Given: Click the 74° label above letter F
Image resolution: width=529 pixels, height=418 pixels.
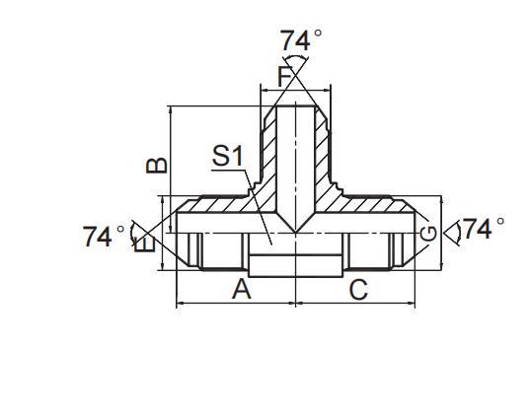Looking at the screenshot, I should point(301,40).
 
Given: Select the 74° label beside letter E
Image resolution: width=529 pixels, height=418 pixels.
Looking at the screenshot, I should point(104,237).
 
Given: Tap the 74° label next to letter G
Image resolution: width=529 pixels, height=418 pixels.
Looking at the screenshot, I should point(484,229).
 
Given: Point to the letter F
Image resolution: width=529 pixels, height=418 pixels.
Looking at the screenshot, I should point(285,76).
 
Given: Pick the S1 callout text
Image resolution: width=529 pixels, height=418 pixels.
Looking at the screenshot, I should point(227,156).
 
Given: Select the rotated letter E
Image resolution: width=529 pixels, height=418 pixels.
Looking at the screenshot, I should point(148,243).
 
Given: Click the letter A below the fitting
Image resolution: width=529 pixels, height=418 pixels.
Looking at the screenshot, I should point(240,290).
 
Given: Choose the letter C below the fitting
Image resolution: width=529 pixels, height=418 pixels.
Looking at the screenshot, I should point(358,290).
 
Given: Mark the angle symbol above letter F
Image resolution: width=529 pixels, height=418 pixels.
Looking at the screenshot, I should point(295,72).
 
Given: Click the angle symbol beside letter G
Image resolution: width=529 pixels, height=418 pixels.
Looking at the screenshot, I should point(452,233).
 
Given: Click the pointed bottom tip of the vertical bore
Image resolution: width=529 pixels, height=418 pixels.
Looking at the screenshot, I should point(295,232).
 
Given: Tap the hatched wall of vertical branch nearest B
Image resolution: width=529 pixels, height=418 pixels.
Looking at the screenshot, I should point(268,148).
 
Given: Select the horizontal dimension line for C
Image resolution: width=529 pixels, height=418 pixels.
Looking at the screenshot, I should point(355,303).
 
